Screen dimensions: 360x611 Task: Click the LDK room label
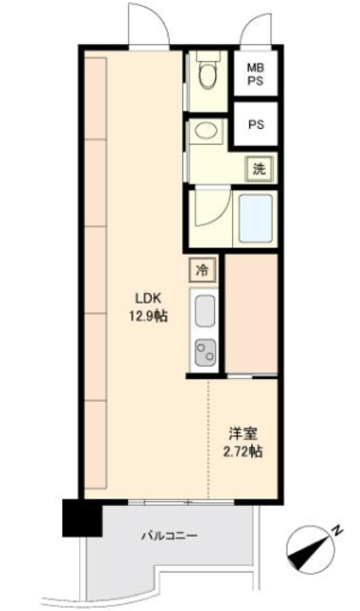[148, 299]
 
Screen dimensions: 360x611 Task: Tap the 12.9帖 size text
[148, 316]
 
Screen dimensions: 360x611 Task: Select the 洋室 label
[243, 433]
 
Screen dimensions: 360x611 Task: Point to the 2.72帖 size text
[243, 452]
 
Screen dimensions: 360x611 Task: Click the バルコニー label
[169, 536]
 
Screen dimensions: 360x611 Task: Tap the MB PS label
[256, 74]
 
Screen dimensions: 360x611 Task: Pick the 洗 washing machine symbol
[259, 170]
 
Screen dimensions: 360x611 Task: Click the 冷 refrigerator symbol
[202, 269]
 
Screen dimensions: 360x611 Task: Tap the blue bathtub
[256, 219]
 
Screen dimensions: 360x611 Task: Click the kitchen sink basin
[204, 310]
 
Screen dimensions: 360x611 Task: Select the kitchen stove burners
[205, 352]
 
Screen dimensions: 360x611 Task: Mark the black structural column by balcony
[82, 517]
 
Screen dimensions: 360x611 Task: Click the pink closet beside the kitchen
[251, 314]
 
